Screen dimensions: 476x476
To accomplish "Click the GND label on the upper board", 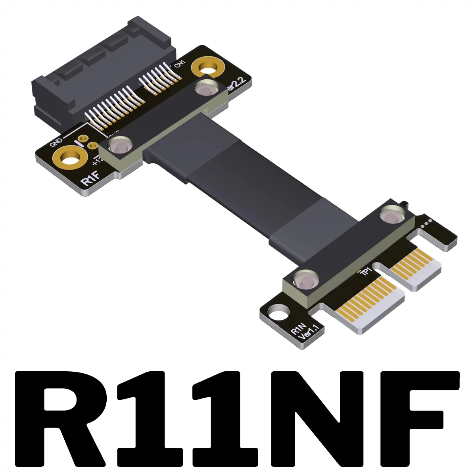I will (56, 142).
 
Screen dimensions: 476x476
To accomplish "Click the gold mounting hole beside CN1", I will (207, 68).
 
